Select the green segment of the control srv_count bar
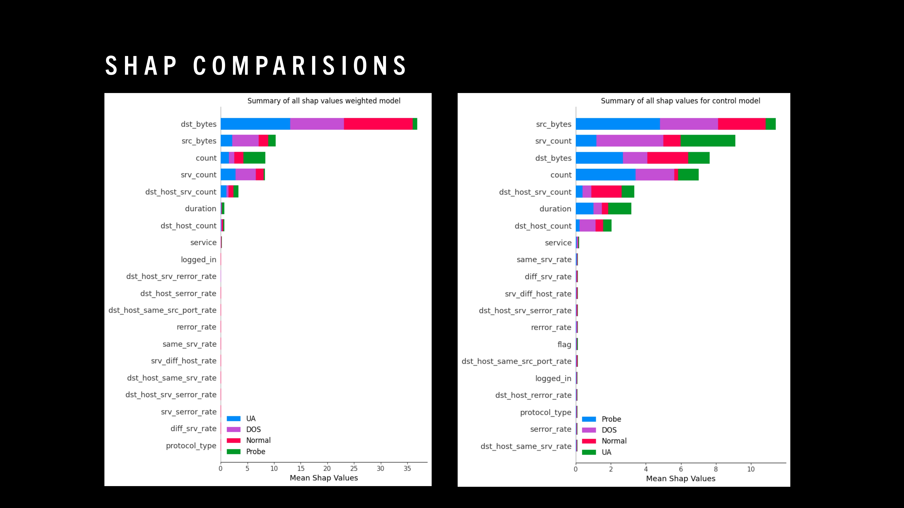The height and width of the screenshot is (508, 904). point(707,141)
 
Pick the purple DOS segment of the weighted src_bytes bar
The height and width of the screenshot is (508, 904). point(245,141)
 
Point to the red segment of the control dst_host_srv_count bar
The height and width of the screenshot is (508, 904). point(606,192)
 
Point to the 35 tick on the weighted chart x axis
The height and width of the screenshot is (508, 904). point(407,468)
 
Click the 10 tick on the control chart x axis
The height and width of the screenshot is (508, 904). point(751,469)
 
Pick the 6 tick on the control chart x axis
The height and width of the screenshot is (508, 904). point(681,469)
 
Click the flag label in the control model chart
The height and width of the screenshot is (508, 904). point(564,345)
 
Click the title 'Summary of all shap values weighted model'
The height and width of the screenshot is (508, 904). point(324,101)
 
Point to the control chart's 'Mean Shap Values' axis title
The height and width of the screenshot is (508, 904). point(680,479)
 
